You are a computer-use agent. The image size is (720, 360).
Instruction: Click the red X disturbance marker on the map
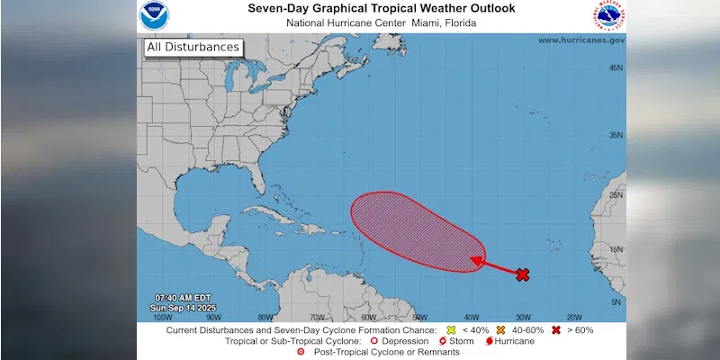coord(522,274)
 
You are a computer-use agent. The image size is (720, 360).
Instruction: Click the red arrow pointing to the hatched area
coord(495,266)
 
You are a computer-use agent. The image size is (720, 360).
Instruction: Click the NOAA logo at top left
coord(153,15)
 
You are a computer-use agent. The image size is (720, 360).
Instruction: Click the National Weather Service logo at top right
coord(608,15)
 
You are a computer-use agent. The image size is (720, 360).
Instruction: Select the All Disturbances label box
coord(192,47)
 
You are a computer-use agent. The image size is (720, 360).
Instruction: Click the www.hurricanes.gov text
coord(580,40)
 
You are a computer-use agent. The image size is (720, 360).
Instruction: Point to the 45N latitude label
coord(616,68)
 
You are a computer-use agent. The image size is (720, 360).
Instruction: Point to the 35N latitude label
coord(616,135)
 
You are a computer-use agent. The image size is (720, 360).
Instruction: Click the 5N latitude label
coord(616,302)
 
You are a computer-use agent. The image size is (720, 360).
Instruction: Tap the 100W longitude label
coord(162,317)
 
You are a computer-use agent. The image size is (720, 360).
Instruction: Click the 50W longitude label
coord(419,317)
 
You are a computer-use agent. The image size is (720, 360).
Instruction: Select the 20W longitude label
coord(574,317)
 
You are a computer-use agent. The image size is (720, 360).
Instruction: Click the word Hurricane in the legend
coord(514,341)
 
